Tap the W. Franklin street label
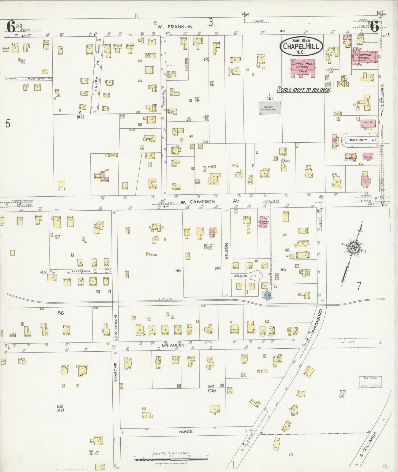pos(175,27)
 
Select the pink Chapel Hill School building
pos(303,67)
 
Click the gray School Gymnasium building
pos(269,108)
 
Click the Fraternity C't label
pos(362,140)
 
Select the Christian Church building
pos(263,222)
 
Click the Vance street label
pos(185,432)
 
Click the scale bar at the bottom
pos(171,459)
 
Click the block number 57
pos(57,237)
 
